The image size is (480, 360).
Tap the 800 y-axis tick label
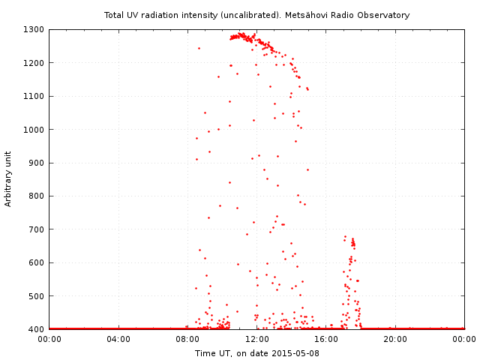point(37,196)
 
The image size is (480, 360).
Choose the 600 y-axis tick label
point(37,262)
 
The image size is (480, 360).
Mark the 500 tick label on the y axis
point(37,295)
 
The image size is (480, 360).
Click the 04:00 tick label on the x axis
point(118,339)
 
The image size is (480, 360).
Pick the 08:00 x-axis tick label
point(187,339)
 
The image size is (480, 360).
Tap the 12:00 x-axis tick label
point(256,339)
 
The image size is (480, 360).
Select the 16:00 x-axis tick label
point(326,339)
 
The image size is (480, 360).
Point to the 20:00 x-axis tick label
point(395,339)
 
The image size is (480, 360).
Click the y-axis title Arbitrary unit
point(9,179)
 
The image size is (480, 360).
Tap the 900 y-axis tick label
point(37,163)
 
